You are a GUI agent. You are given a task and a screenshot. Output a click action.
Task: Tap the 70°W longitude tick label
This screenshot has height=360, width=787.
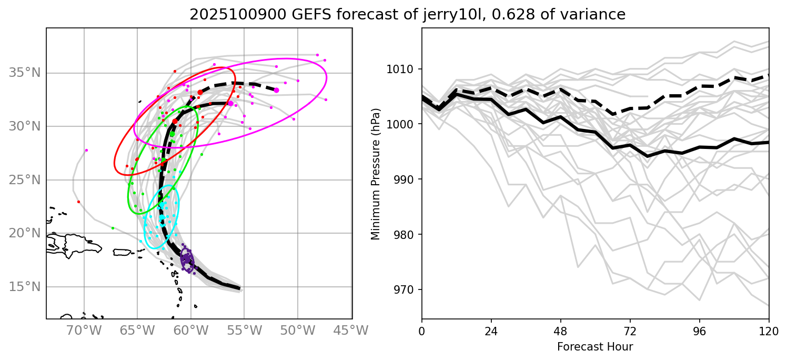point(84,331)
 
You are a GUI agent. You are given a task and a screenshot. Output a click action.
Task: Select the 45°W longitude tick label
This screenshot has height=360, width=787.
point(351,331)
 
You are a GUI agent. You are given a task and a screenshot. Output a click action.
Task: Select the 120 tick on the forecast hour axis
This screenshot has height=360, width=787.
point(769,332)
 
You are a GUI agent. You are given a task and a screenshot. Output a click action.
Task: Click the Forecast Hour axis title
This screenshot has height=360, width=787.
point(595,347)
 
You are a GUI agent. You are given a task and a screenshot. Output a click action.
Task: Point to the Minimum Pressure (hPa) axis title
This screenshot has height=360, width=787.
point(375,173)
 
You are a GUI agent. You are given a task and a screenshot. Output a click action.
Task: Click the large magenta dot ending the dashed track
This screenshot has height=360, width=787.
point(277,90)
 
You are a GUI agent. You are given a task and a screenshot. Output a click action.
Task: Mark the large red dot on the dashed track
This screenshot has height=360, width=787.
point(200,92)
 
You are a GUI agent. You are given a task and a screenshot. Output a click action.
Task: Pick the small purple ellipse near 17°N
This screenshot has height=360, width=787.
point(187,260)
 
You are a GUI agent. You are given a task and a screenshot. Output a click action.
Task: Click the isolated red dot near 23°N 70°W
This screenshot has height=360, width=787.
point(78,202)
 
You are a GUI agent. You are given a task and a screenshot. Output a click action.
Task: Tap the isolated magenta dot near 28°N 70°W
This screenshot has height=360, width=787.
point(86,150)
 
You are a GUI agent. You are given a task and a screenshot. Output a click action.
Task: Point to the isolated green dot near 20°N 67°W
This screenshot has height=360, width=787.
point(113,228)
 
